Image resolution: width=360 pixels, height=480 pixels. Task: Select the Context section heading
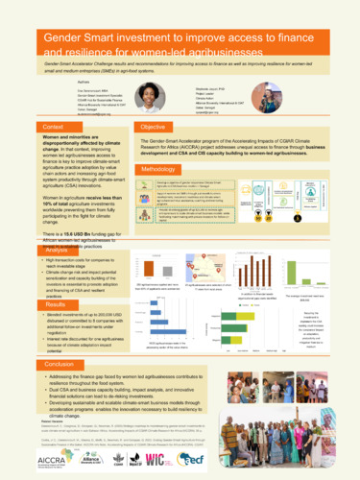53,127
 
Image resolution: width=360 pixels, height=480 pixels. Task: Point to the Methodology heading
160,169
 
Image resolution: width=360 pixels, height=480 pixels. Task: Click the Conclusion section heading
59,365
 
